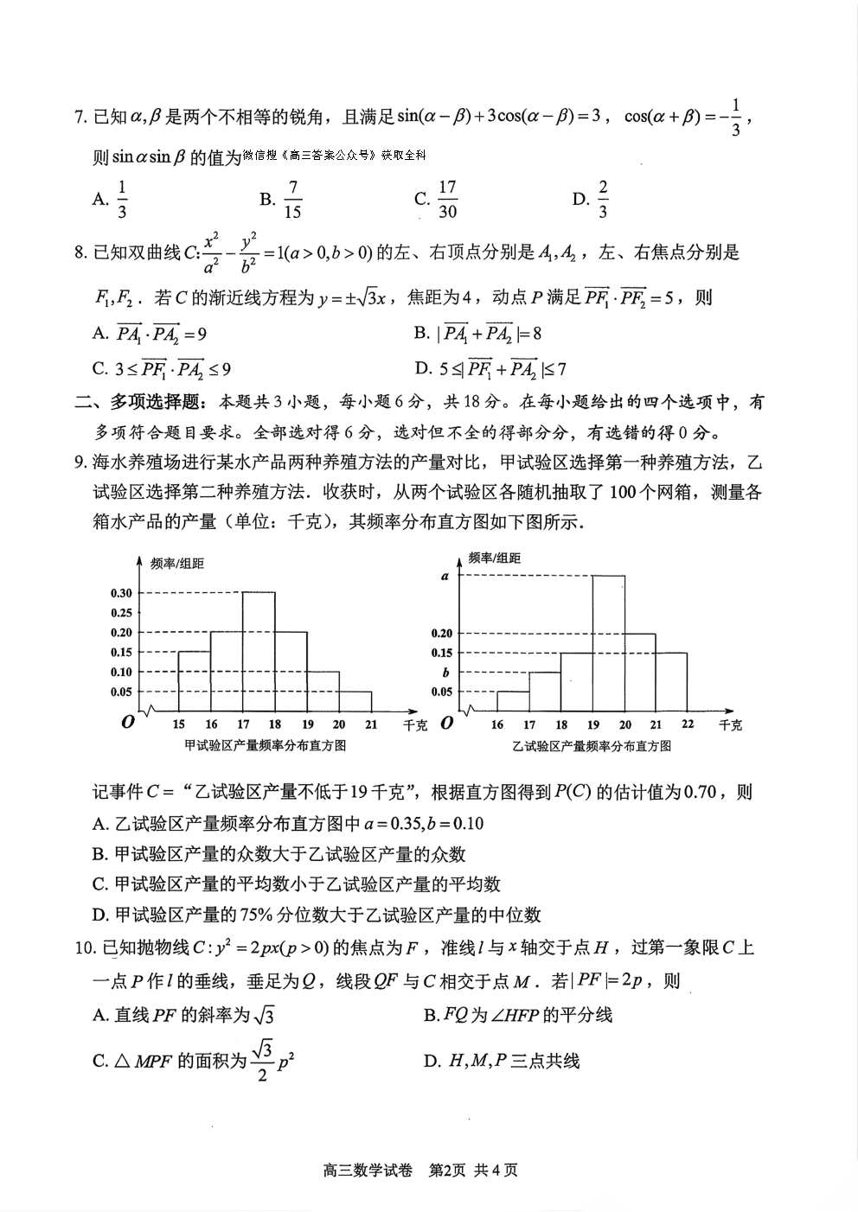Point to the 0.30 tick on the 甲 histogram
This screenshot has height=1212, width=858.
(x=121, y=592)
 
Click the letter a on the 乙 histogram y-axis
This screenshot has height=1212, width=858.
(x=445, y=575)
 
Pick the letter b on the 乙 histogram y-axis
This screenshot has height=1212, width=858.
(x=445, y=672)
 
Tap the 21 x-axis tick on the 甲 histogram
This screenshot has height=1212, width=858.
(x=371, y=724)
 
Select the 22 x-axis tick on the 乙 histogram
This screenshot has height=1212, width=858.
(x=688, y=724)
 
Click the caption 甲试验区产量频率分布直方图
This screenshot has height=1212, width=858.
(x=264, y=745)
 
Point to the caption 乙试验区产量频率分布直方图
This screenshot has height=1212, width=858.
(x=592, y=745)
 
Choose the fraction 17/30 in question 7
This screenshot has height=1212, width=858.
(x=447, y=200)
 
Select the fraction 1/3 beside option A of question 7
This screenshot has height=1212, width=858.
(x=122, y=200)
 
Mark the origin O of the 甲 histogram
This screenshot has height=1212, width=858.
(x=128, y=722)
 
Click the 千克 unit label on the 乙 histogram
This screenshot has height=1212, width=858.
(x=731, y=724)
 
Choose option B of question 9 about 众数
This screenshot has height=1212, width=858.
(x=279, y=854)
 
